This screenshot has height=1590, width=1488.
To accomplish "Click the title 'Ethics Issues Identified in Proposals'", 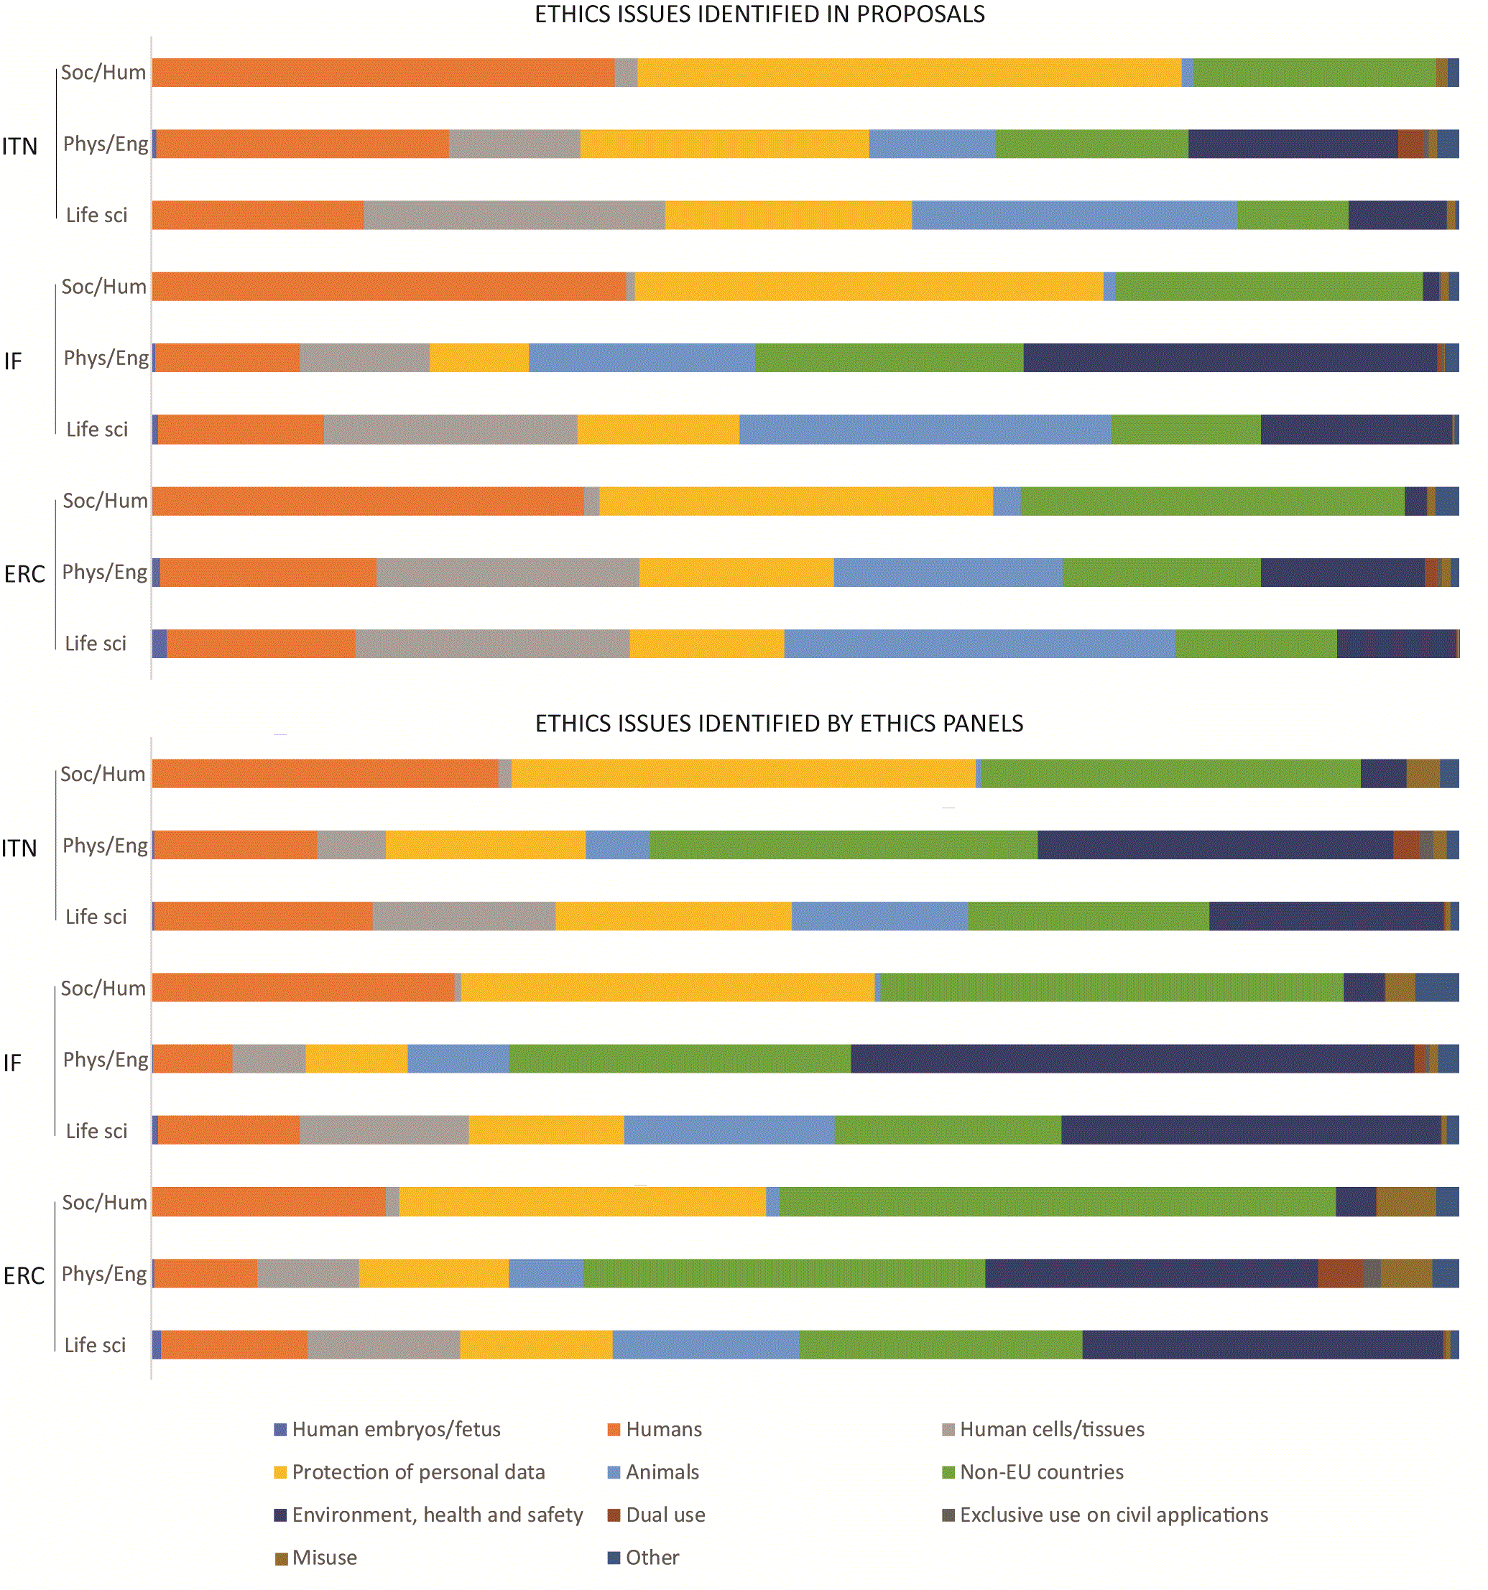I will [x=759, y=14].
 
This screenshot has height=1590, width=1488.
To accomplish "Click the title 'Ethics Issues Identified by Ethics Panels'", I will [x=777, y=723].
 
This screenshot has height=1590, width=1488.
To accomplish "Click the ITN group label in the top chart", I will [x=19, y=147].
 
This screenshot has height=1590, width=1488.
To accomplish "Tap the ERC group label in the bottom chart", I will [x=24, y=1276].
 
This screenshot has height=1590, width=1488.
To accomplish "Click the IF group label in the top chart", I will [x=13, y=361].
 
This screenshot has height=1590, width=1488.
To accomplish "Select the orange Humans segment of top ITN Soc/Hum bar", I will [x=382, y=72].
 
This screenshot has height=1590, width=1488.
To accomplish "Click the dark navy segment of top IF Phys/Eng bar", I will [x=1229, y=358].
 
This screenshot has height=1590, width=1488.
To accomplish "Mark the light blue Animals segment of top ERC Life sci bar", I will [x=979, y=644].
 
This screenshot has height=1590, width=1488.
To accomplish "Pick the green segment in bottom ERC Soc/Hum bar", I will [x=1056, y=1201].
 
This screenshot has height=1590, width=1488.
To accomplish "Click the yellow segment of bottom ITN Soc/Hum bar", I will [x=742, y=773].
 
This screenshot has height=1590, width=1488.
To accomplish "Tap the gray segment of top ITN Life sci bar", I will [x=514, y=215].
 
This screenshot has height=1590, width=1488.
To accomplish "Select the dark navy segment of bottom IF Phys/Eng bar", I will [x=1131, y=1059].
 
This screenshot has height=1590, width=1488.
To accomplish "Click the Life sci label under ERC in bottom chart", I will [x=95, y=1345].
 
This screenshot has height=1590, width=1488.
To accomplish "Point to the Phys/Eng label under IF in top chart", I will [x=106, y=358].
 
